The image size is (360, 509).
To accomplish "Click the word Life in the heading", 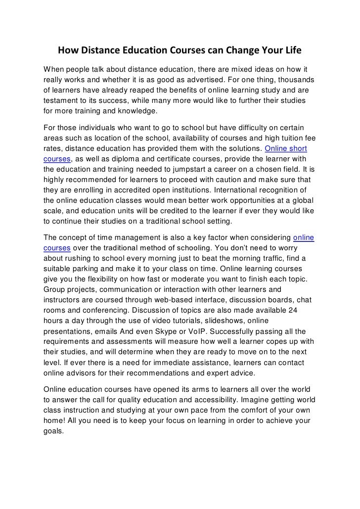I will [x=292, y=52].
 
